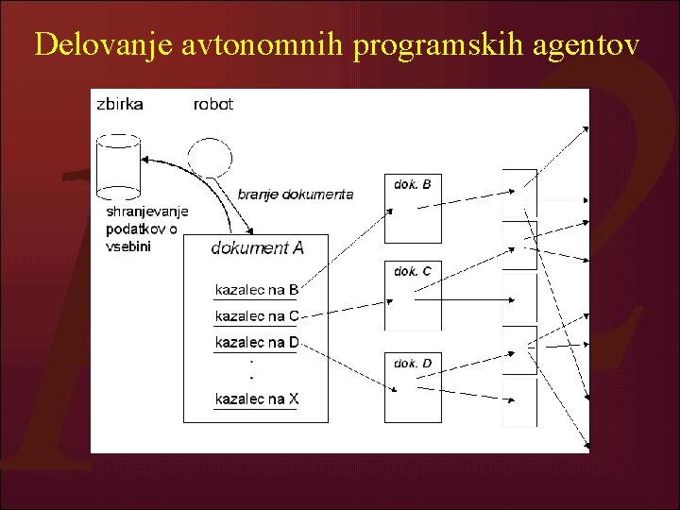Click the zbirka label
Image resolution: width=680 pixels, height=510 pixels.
(x=120, y=104)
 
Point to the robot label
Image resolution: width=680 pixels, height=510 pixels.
(x=212, y=104)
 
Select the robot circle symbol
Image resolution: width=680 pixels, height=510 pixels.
(x=210, y=155)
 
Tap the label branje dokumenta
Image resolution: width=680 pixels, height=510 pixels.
(x=296, y=195)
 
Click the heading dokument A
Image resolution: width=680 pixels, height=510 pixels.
(x=257, y=248)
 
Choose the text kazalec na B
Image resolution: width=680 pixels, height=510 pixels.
(x=257, y=289)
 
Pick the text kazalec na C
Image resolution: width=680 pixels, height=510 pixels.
(x=257, y=315)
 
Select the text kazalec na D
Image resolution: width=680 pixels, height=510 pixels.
(x=257, y=342)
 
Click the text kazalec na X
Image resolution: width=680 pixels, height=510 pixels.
(x=257, y=399)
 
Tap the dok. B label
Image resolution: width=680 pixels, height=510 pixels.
(x=413, y=184)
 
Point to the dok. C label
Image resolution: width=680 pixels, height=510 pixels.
(x=413, y=271)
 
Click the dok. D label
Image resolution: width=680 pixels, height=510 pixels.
(x=413, y=363)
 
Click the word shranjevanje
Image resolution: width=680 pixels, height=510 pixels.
(x=147, y=212)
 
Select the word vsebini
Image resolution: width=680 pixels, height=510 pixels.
(x=128, y=246)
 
